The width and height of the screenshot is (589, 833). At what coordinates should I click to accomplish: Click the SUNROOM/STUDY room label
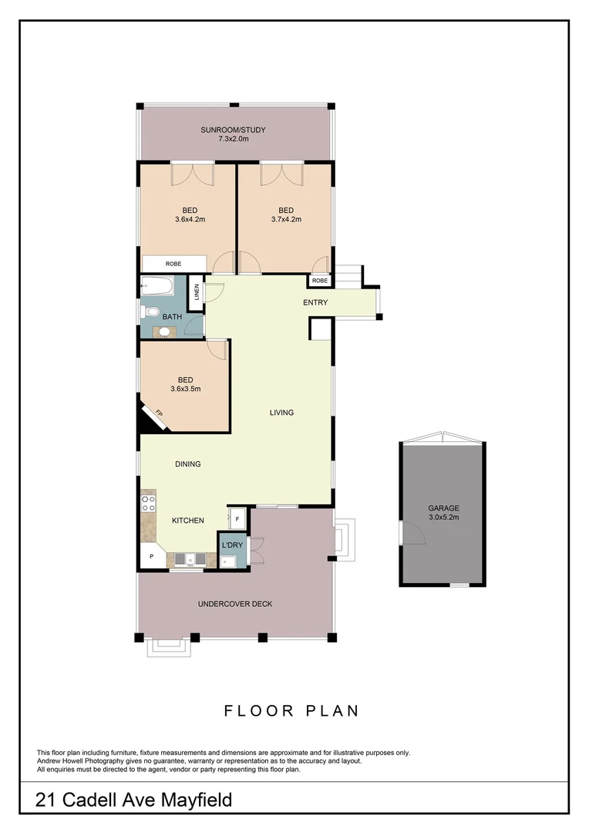click(x=233, y=130)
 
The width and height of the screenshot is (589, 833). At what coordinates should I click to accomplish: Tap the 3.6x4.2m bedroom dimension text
click(x=190, y=219)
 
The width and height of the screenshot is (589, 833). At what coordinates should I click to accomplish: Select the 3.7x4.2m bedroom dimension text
click(x=286, y=219)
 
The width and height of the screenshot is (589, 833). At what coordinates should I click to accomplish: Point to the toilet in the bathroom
click(x=148, y=312)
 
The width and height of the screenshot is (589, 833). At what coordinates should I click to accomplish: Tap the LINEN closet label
click(x=197, y=292)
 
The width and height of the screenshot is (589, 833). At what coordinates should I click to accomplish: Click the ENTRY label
click(x=315, y=302)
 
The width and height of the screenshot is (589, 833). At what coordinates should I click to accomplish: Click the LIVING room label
click(x=281, y=413)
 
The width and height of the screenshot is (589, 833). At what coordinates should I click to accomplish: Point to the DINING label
click(x=187, y=464)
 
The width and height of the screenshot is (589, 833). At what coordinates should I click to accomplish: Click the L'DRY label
click(x=232, y=545)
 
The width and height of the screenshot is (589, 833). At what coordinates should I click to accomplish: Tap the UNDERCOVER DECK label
click(x=235, y=604)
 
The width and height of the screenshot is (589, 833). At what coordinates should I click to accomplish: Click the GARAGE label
click(x=443, y=508)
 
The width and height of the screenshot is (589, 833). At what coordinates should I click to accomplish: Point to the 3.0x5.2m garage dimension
click(x=443, y=518)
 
